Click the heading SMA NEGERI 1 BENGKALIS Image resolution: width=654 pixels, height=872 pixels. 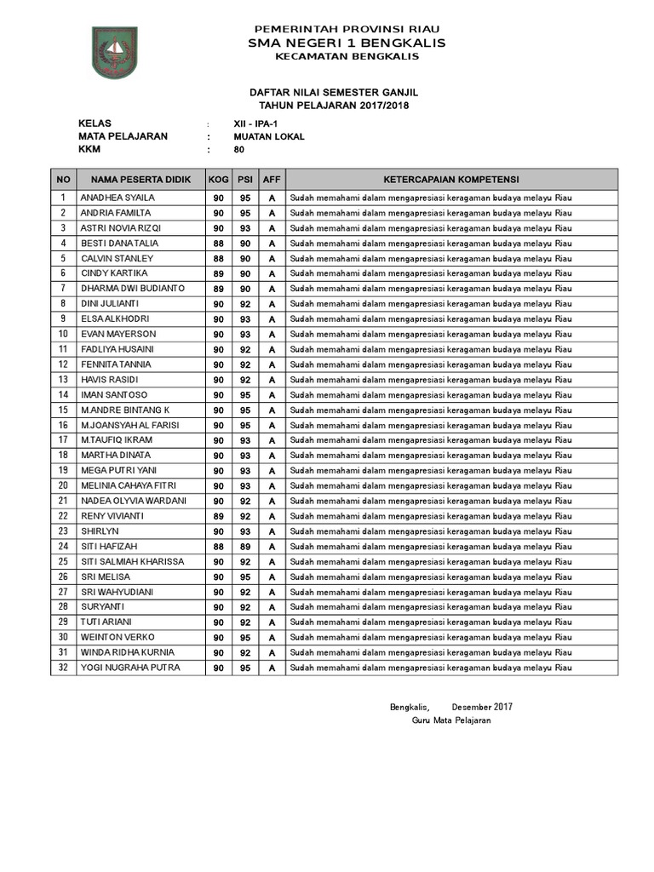point(347,43)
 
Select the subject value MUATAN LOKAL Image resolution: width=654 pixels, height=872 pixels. point(269,136)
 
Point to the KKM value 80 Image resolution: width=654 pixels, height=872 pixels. point(239,150)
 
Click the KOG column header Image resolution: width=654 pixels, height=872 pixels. point(219,180)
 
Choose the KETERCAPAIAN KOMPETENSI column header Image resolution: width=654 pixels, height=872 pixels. point(451,180)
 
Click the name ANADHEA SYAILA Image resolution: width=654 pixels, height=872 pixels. point(118,198)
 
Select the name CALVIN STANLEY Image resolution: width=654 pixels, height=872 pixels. point(117,258)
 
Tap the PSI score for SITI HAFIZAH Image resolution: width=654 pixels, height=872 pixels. point(245,547)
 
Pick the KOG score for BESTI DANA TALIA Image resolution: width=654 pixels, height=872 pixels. point(219,244)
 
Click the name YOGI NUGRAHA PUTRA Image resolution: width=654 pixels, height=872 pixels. point(130,668)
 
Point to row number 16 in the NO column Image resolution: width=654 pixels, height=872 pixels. point(63,425)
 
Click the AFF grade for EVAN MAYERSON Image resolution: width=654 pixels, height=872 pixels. point(272,335)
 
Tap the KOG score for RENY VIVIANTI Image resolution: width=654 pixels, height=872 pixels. point(219,516)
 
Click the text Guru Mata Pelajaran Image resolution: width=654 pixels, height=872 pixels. point(450,720)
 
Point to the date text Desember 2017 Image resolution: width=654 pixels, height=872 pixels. point(482,707)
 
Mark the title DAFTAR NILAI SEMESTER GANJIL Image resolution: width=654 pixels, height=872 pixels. point(333,92)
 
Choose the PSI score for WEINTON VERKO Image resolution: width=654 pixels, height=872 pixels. point(245,638)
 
